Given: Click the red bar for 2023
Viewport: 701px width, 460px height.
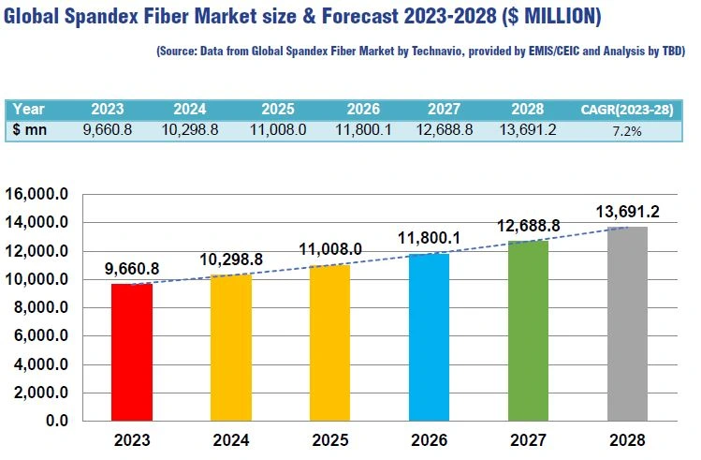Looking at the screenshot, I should pos(131,352).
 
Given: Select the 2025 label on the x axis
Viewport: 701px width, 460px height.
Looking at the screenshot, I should pos(329,439).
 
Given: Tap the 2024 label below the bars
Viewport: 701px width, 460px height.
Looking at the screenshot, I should pos(230,439).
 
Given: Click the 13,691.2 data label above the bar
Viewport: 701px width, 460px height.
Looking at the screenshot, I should pos(627,213).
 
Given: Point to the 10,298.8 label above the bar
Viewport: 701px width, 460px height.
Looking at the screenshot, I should pos(230,258).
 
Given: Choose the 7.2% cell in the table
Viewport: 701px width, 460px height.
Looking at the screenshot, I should pos(626,131).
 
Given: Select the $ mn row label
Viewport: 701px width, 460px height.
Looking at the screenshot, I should pos(30,130).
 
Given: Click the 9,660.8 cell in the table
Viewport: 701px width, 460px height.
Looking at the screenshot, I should pos(109,130).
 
